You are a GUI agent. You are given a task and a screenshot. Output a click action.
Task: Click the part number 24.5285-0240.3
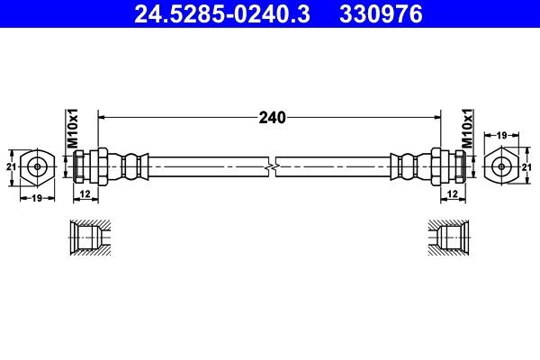[221, 14]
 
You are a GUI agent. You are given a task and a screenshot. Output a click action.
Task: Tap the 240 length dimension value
[271, 117]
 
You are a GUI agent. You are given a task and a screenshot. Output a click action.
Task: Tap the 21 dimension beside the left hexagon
[12, 166]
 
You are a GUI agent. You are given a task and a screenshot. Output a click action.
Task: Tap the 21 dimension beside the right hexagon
[529, 166]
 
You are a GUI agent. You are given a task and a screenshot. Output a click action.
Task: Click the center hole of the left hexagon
[37, 166]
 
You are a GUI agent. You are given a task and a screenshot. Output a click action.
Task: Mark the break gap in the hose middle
[271, 166]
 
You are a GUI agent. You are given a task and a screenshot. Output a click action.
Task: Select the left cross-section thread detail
[91, 239]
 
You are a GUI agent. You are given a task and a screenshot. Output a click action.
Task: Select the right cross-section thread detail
[448, 239]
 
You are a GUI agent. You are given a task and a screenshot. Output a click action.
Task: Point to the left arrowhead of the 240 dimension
[102, 117]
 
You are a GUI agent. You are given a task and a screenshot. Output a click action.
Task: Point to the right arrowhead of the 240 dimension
[438, 117]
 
